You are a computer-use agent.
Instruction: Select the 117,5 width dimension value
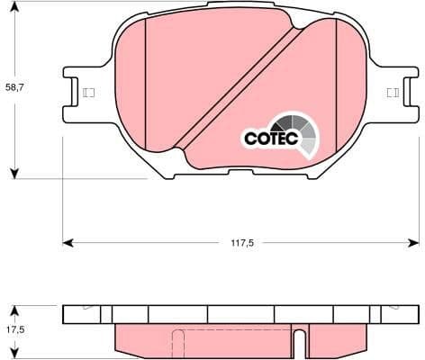pyautogui.click(x=239, y=242)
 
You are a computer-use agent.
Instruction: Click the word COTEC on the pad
pyautogui.click(x=268, y=138)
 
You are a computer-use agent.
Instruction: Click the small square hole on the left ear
pyautogui.click(x=88, y=92)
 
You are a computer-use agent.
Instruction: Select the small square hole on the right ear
pyautogui.click(x=391, y=92)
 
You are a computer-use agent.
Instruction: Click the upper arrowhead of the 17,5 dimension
pyautogui.click(x=14, y=307)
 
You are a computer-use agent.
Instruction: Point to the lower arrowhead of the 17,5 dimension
pyautogui.click(x=14, y=354)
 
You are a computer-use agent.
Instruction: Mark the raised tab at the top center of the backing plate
pyautogui.click(x=239, y=5)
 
